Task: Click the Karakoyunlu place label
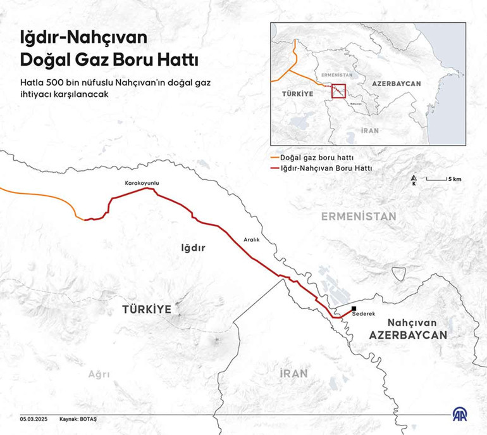(142, 183)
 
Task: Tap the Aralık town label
(252, 239)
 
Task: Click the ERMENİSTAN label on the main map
(358, 217)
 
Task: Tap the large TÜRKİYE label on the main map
(147, 309)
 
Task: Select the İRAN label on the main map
(294, 374)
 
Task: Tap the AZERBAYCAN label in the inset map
(396, 84)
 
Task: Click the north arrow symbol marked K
(414, 179)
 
